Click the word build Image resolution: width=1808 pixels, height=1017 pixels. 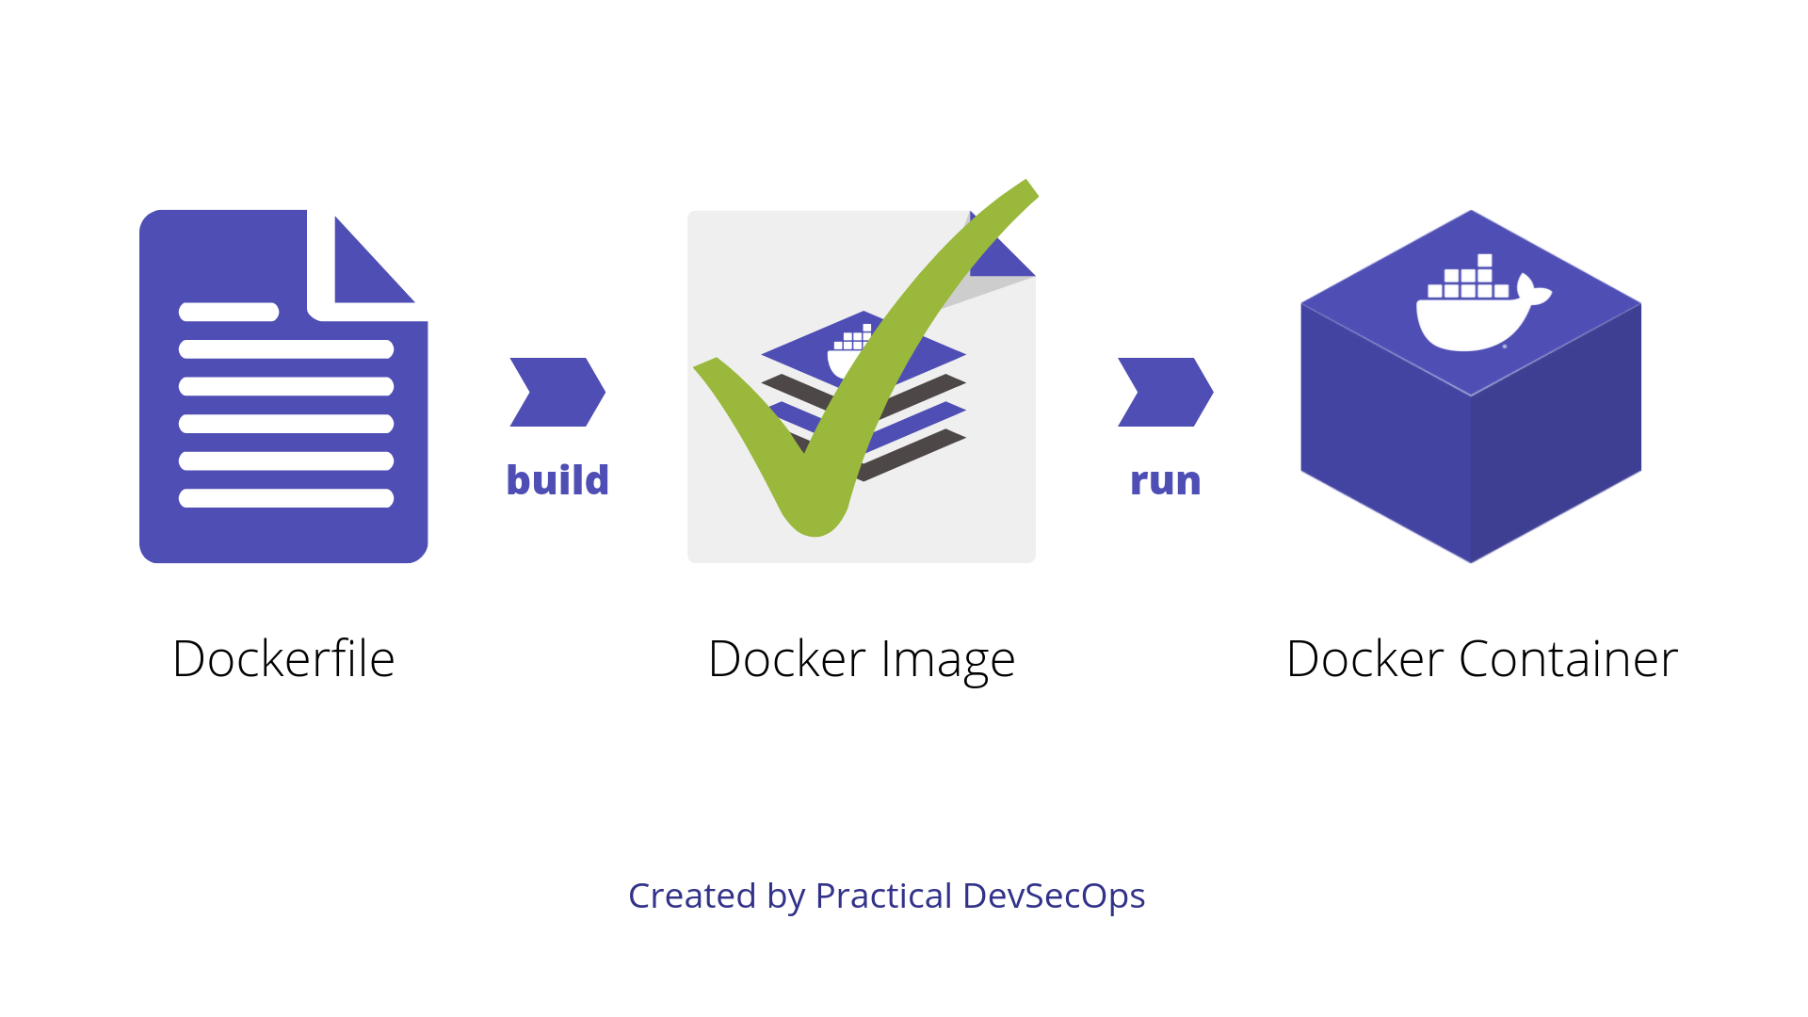pyautogui.click(x=557, y=480)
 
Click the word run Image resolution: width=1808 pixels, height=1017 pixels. pyautogui.click(x=1166, y=482)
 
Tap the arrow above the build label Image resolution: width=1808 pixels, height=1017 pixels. pyautogui.click(x=557, y=392)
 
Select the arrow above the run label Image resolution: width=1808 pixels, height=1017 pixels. pyautogui.click(x=1166, y=392)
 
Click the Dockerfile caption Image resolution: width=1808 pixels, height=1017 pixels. pyautogui.click(x=283, y=658)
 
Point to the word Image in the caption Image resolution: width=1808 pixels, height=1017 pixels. pyautogui.click(x=948, y=661)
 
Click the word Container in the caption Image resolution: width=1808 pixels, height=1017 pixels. pyautogui.click(x=1569, y=658)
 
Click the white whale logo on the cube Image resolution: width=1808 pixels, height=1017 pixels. pyautogui.click(x=1482, y=303)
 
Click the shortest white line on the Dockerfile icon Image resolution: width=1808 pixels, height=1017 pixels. pyautogui.click(x=229, y=312)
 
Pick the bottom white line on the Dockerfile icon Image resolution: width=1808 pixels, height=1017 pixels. pyautogui.click(x=286, y=498)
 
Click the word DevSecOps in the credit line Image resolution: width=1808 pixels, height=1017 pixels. pyautogui.click(x=1054, y=896)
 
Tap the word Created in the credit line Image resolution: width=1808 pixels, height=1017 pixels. pyautogui.click(x=692, y=896)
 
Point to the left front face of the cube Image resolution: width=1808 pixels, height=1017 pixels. pyautogui.click(x=1386, y=433)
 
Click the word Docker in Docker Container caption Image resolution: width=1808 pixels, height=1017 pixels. pyautogui.click(x=1365, y=658)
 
